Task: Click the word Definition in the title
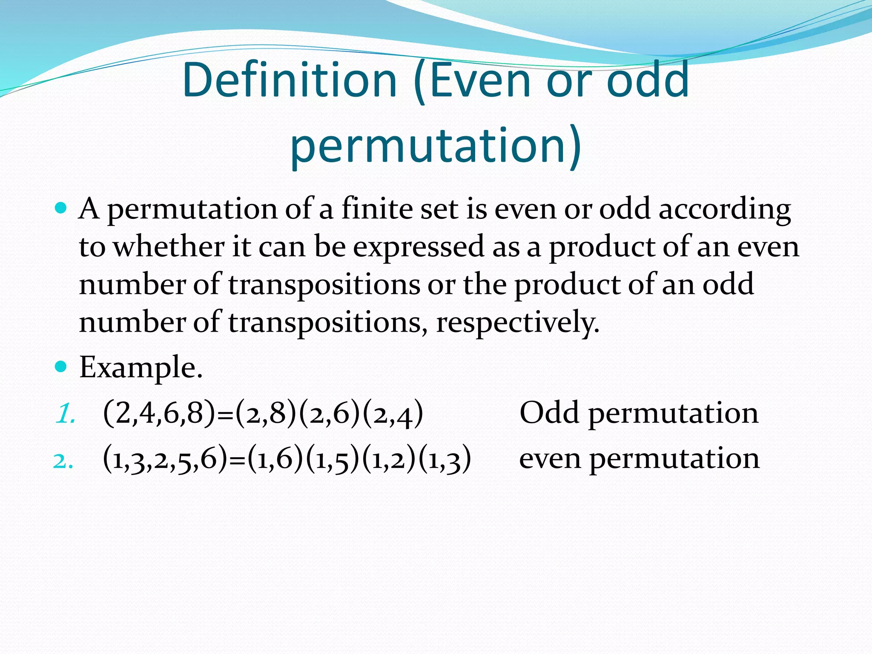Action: [x=290, y=80]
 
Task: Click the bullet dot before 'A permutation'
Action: [x=61, y=208]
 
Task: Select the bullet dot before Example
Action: [x=61, y=366]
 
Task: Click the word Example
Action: [x=141, y=367]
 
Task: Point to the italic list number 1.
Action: [x=65, y=413]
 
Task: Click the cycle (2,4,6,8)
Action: [x=159, y=413]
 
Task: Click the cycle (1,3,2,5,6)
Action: [x=165, y=459]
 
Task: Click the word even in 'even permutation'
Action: [x=550, y=459]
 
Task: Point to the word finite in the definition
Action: [x=377, y=209]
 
